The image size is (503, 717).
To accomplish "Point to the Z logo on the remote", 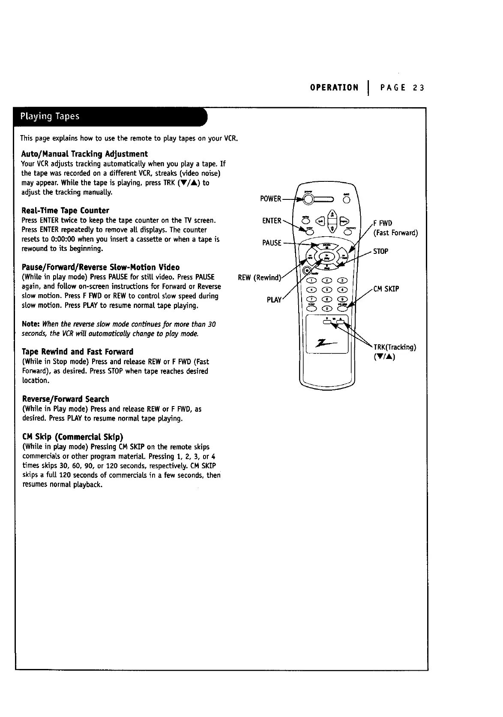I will point(325,342).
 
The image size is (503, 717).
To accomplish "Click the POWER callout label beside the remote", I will point(271,199).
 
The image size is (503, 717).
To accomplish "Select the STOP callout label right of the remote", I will point(380,251).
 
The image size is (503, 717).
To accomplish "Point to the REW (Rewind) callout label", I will point(259,277).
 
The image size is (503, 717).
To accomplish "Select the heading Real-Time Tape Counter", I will point(65,211).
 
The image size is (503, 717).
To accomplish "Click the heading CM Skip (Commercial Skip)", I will point(72,437).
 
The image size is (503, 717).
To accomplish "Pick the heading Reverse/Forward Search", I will point(65,399).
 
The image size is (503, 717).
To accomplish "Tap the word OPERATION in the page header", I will point(334,88).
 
